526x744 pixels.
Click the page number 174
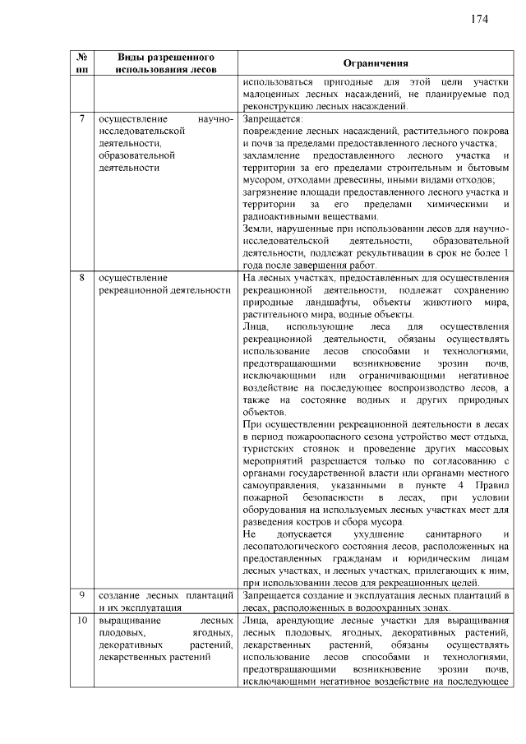(x=481, y=19)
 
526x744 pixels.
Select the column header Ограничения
(x=376, y=64)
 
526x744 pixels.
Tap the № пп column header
(x=82, y=64)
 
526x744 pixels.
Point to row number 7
(x=82, y=119)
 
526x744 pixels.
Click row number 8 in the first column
(x=82, y=278)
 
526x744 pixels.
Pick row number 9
(x=82, y=594)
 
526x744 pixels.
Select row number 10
(x=82, y=622)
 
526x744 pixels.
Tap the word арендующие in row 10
(x=307, y=622)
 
